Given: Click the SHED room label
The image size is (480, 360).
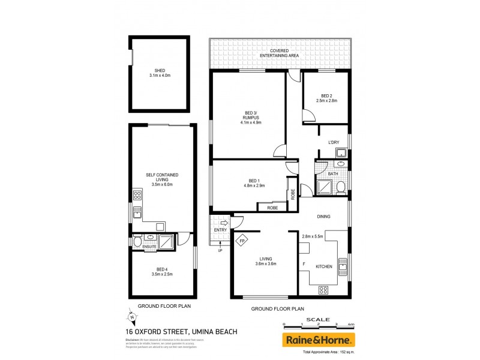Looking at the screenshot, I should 159,70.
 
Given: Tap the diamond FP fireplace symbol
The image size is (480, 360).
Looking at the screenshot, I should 242,241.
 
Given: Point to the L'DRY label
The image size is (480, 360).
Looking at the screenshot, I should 334,142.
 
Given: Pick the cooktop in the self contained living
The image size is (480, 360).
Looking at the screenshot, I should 137,195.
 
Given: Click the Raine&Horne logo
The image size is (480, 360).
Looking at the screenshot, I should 319,340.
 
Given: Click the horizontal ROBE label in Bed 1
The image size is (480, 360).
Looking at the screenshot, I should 266,206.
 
